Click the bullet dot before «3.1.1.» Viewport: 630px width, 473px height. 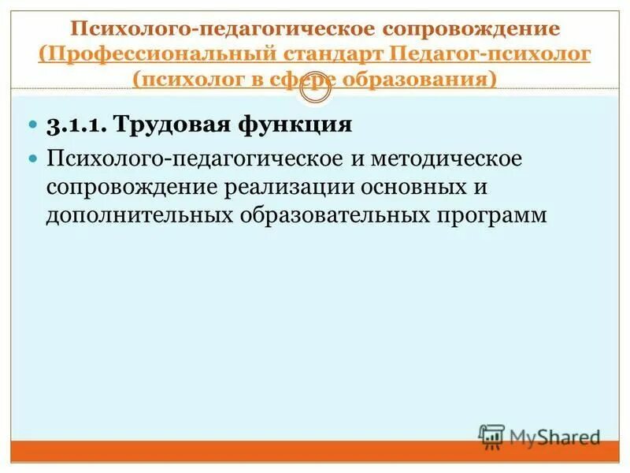click(x=33, y=125)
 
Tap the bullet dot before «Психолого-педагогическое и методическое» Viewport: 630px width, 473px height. click(x=33, y=158)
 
